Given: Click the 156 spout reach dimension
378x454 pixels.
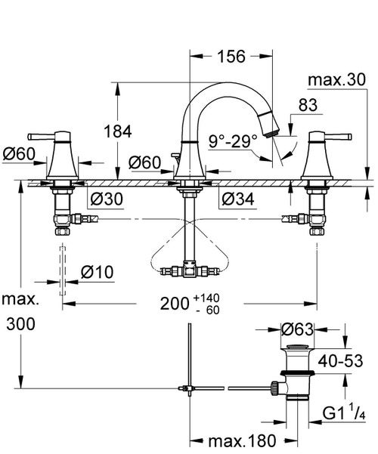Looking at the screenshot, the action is click(x=231, y=56).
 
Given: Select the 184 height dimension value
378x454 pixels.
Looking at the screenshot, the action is click(x=118, y=131).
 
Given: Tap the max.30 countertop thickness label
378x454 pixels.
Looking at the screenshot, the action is click(x=337, y=79).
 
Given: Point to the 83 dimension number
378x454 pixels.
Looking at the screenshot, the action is click(x=308, y=105).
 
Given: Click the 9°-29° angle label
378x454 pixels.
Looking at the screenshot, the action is click(x=233, y=141).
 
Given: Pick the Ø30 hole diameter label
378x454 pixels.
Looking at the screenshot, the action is click(x=107, y=199).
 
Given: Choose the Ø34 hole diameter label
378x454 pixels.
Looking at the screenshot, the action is click(x=238, y=199).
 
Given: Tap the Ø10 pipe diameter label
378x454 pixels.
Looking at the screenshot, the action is click(x=97, y=272).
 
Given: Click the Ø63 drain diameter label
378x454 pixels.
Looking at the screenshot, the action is click(x=297, y=329).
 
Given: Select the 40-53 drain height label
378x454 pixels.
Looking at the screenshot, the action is click(x=340, y=361).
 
